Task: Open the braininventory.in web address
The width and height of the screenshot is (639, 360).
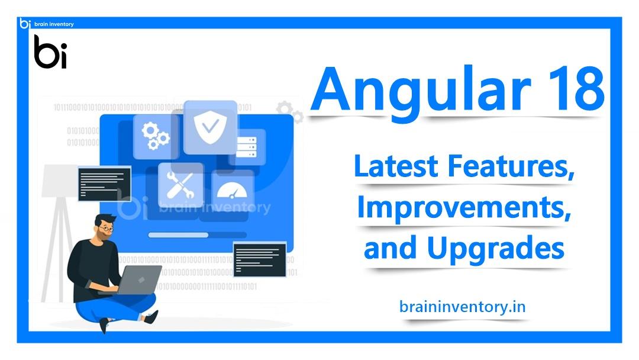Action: (x=463, y=307)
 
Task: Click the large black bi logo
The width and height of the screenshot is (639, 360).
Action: (x=50, y=52)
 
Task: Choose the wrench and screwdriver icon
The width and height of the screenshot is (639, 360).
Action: (x=180, y=184)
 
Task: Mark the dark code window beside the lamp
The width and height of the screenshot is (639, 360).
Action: (x=105, y=183)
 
